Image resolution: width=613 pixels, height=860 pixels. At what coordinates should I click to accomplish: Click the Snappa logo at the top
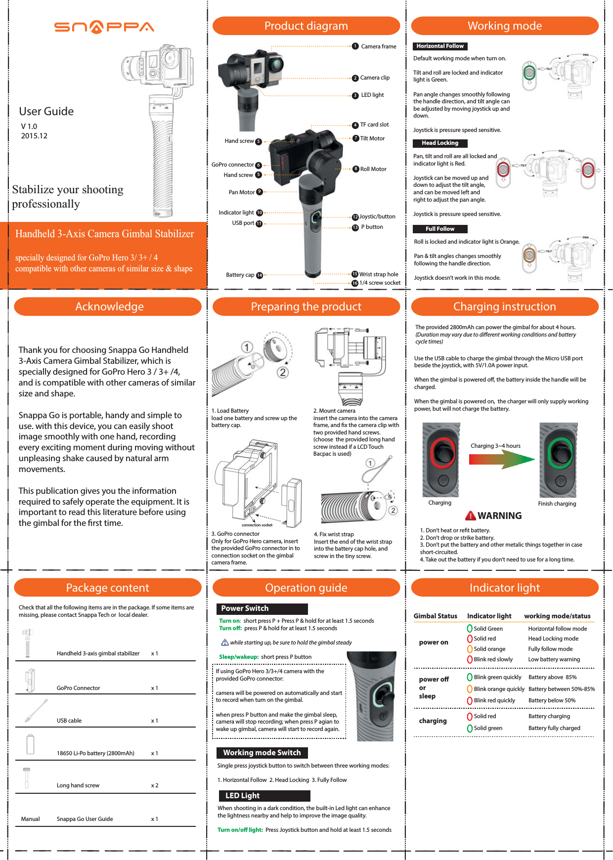pyautogui.click(x=104, y=27)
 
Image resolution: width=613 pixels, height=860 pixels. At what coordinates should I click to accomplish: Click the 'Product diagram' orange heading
pyautogui.click(x=306, y=26)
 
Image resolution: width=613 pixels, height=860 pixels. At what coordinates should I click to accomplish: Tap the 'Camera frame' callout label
pyautogui.click(x=378, y=46)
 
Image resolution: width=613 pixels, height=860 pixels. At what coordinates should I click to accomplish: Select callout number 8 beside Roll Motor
pyautogui.click(x=355, y=169)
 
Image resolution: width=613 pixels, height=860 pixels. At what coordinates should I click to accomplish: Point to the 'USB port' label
pyautogui.click(x=243, y=223)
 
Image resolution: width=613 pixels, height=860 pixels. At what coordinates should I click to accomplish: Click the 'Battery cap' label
pyautogui.click(x=240, y=275)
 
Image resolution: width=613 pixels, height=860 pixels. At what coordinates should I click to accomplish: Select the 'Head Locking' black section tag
pyautogui.click(x=439, y=143)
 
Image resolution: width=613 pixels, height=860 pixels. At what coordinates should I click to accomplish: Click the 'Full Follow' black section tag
pyautogui.click(x=439, y=229)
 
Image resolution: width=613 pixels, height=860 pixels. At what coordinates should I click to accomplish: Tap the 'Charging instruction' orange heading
pyautogui.click(x=504, y=306)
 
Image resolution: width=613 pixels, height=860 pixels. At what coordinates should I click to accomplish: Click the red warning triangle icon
pyautogui.click(x=470, y=516)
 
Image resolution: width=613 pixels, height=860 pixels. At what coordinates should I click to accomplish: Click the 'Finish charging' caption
pyautogui.click(x=557, y=504)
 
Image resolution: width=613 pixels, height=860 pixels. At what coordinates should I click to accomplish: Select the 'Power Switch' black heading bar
pyautogui.click(x=262, y=608)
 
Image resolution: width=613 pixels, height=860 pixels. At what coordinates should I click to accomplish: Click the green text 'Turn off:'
pyautogui.click(x=230, y=629)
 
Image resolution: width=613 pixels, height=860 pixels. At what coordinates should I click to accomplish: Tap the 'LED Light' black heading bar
pyautogui.click(x=263, y=796)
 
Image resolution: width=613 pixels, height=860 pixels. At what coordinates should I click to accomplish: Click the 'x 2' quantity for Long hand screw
pyautogui.click(x=155, y=785)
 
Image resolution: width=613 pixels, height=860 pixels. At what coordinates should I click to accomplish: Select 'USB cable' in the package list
pyautogui.click(x=69, y=721)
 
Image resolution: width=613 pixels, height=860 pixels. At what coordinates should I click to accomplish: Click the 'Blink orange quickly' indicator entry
pyautogui.click(x=498, y=689)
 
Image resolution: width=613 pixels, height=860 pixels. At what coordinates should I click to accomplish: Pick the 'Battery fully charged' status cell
pyautogui.click(x=554, y=728)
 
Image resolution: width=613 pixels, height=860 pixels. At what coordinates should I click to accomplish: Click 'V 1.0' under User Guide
pyautogui.click(x=29, y=127)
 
